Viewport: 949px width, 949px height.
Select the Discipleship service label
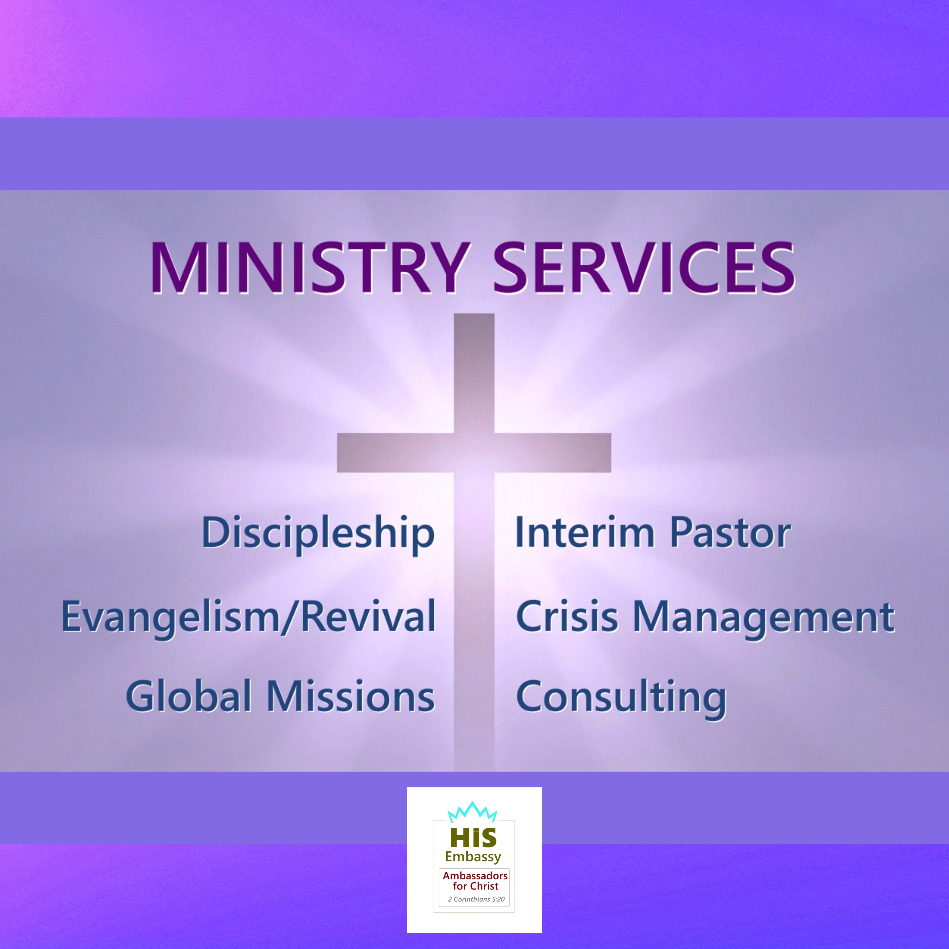pyautogui.click(x=318, y=534)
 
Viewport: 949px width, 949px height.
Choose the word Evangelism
pyautogui.click(x=170, y=618)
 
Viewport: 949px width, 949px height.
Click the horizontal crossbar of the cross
pyautogui.click(x=474, y=452)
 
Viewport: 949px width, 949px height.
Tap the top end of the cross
pyautogui.click(x=474, y=314)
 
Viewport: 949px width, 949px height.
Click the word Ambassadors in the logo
pyautogui.click(x=475, y=875)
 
